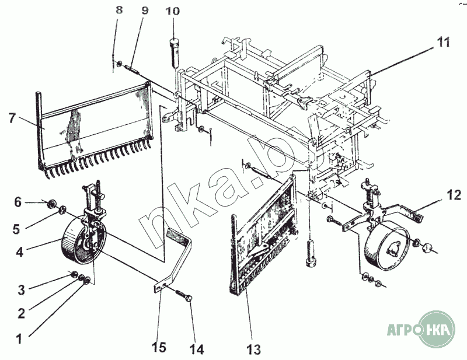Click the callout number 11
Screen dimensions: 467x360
[443, 42]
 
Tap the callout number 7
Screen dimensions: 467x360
[12, 118]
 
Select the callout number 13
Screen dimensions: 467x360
[253, 349]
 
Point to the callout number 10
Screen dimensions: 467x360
[173, 11]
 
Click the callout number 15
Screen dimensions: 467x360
[158, 347]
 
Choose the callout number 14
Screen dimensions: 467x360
[197, 349]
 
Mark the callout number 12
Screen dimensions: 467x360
[454, 195]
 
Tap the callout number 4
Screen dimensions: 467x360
[19, 252]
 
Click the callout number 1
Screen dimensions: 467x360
[19, 339]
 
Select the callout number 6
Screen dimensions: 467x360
[18, 202]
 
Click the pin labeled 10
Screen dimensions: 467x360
[174, 51]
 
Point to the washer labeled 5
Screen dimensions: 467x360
[63, 210]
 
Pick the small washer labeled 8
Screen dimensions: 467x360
[119, 64]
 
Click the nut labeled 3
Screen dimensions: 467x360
[75, 274]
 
